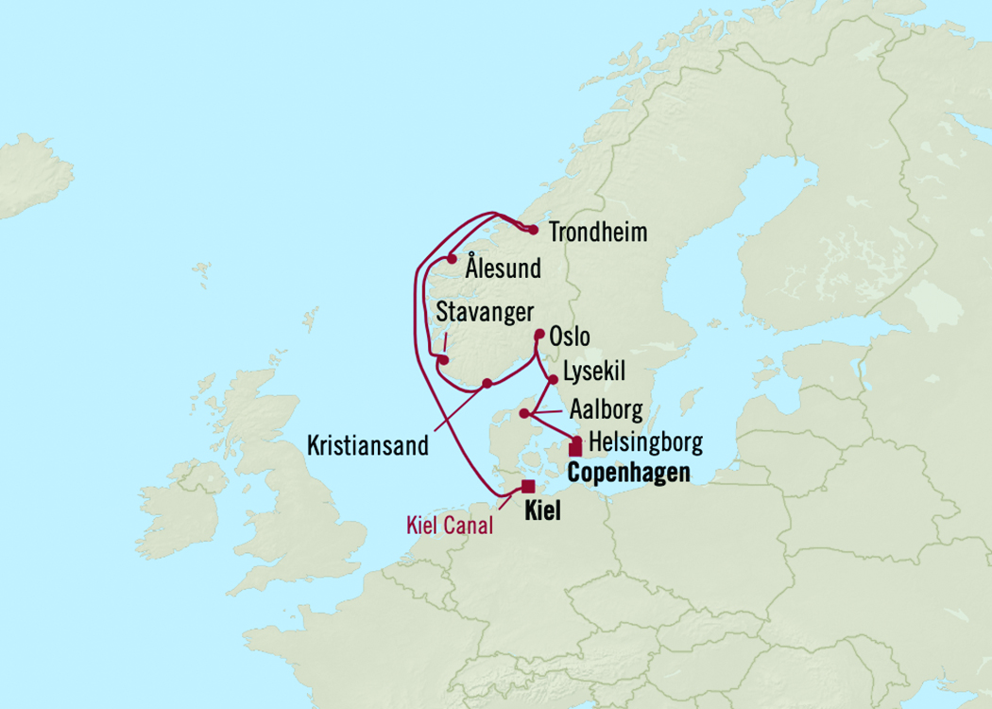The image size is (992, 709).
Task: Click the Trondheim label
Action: coord(598,233)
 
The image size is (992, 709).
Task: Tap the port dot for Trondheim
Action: coord(534,230)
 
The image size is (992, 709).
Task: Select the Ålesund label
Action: coord(503,268)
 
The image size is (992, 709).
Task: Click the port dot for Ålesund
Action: coord(452,259)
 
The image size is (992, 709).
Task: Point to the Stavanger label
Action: coord(485,312)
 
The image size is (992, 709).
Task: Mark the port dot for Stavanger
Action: coord(443,359)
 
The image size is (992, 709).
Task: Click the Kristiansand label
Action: coord(368,446)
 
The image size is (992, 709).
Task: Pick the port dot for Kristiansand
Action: coord(487,383)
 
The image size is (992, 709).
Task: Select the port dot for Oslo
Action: coord(539,334)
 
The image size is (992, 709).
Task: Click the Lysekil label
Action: coord(593,372)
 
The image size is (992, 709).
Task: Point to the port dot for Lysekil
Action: coord(553,379)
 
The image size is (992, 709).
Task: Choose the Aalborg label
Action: coord(606,409)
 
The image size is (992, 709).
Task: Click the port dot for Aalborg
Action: coord(524,412)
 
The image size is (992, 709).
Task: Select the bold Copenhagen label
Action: coord(628,473)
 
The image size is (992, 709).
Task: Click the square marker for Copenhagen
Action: coord(574,448)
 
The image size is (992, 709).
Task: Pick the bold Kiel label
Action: coord(541,512)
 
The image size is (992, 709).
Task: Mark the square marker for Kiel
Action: coord(527,487)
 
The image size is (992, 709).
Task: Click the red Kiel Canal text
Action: coord(450,527)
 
